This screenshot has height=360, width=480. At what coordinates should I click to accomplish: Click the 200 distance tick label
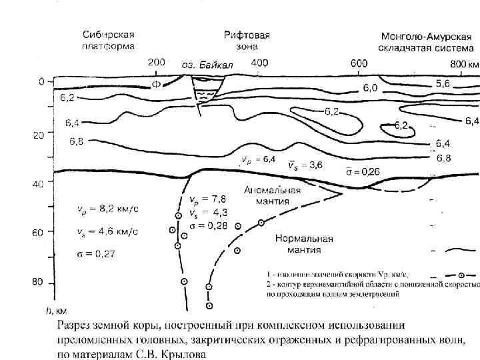tap(155, 62)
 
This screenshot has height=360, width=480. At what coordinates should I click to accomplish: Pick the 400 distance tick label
tap(260, 62)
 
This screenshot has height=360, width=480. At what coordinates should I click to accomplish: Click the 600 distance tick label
tap(359, 63)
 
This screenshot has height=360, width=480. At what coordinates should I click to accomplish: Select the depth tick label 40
tap(40, 185)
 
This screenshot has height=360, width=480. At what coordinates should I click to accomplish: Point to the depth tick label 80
tap(40, 283)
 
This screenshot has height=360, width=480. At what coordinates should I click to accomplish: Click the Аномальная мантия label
tap(272, 195)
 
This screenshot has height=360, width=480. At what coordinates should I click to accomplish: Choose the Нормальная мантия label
tap(298, 244)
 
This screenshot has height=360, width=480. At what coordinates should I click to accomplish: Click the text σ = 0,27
tap(93, 254)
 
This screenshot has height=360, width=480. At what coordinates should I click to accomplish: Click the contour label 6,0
tap(370, 89)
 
